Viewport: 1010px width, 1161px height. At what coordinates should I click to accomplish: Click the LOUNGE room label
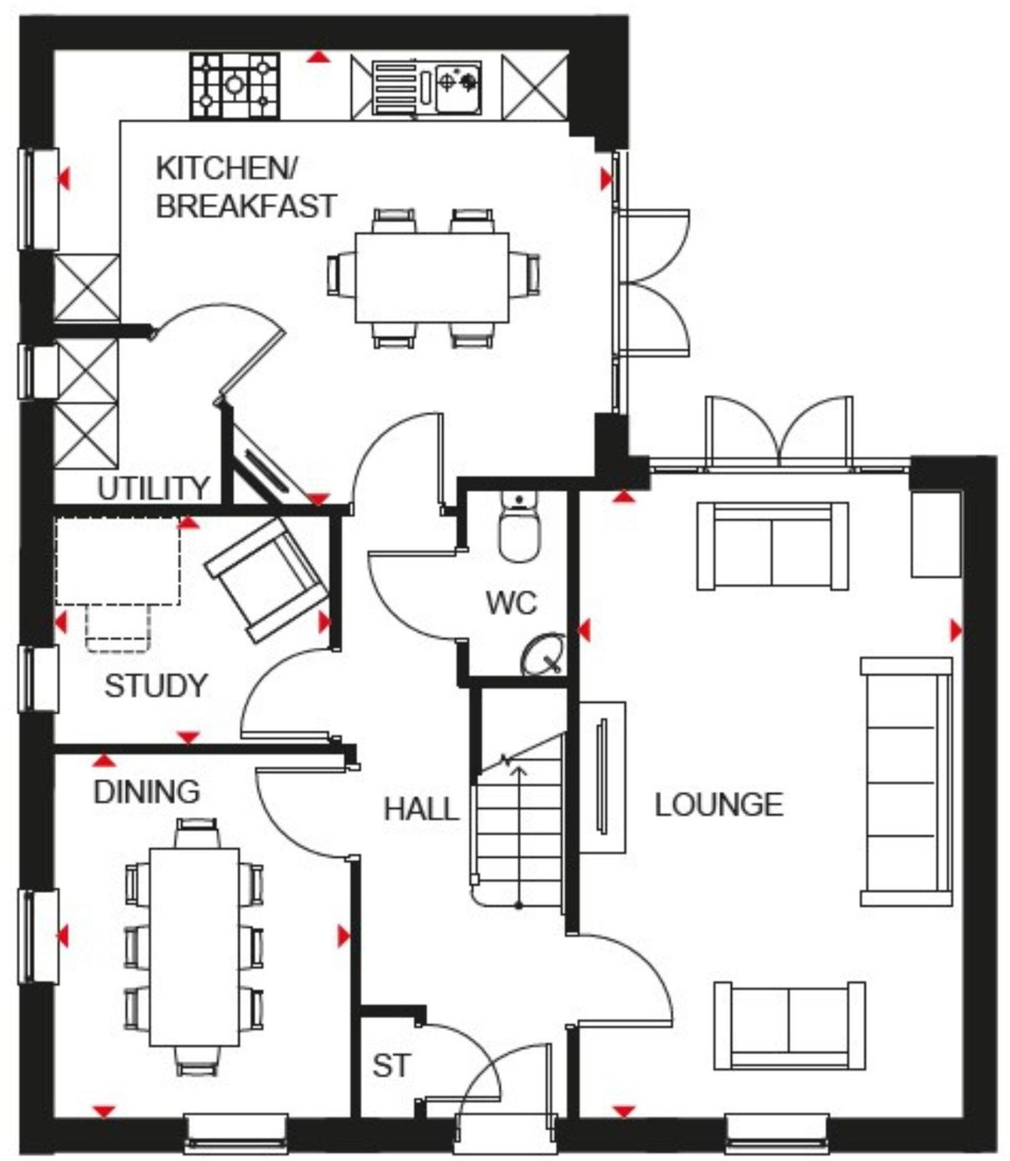[719, 805]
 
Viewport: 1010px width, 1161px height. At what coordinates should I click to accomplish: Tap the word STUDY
[156, 686]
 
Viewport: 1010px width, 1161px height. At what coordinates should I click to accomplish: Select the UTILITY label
[153, 488]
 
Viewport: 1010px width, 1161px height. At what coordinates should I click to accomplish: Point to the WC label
[511, 603]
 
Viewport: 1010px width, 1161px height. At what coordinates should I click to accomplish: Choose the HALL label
[421, 809]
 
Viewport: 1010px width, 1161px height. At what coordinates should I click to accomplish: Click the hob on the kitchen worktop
[234, 86]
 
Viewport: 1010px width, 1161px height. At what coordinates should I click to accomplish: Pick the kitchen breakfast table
[432, 277]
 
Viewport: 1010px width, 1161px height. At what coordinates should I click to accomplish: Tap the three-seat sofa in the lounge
[906, 782]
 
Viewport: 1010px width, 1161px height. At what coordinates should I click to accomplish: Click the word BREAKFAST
[245, 206]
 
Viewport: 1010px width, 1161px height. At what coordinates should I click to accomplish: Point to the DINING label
[147, 792]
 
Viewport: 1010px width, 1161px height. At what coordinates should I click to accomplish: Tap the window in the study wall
[39, 678]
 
